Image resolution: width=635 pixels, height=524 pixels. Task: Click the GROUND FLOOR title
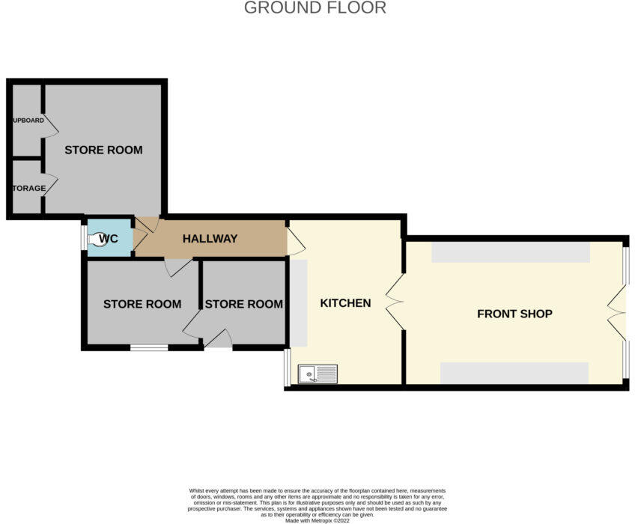(x=315, y=8)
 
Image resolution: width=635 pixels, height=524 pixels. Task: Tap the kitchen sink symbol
(x=317, y=374)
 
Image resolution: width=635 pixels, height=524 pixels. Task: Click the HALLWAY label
(x=210, y=239)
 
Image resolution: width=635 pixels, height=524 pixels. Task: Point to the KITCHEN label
(x=345, y=303)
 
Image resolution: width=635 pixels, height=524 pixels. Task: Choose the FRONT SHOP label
(x=514, y=314)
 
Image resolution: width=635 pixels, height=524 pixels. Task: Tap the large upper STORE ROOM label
(x=103, y=150)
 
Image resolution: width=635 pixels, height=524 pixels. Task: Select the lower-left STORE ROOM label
(x=142, y=304)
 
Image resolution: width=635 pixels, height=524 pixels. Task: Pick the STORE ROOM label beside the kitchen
(x=243, y=304)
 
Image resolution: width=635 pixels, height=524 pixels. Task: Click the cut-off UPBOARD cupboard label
(x=27, y=121)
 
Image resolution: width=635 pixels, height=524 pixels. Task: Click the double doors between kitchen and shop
(x=395, y=302)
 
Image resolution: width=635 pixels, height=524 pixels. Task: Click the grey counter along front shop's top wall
(x=510, y=253)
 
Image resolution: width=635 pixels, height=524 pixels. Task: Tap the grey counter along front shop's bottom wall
(x=514, y=372)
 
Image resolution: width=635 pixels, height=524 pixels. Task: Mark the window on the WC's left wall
(x=84, y=238)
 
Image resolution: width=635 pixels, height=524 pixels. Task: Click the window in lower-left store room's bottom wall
(x=148, y=347)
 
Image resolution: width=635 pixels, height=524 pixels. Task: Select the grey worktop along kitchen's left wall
(x=298, y=303)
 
